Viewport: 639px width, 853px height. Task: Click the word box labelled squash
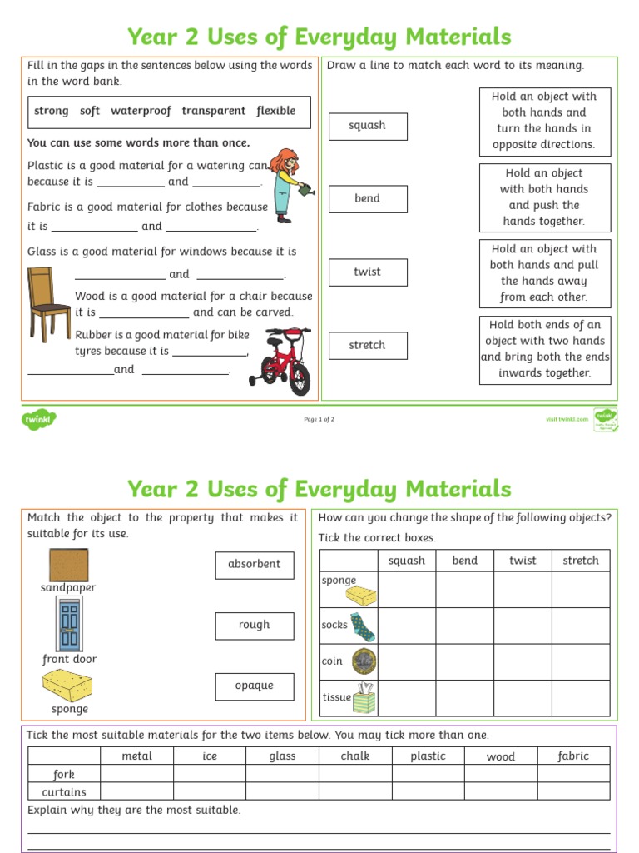pos(367,126)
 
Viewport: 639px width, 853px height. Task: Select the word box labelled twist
pos(367,272)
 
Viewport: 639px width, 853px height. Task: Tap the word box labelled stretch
pos(367,345)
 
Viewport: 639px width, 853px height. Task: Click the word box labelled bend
pos(367,199)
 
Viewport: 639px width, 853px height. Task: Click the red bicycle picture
pos(280,361)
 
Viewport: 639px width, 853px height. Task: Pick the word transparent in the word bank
pos(214,111)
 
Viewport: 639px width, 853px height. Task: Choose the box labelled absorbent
pos(254,564)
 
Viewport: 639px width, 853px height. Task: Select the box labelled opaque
pos(254,686)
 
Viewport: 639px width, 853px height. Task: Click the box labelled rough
pos(254,625)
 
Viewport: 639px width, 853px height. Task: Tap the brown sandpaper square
pos(68,565)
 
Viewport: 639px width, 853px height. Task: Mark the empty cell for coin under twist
pos(523,661)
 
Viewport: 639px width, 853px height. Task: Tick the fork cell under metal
pos(137,774)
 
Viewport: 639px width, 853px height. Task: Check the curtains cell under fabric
pos(572,791)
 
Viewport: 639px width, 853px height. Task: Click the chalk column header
pos(355,756)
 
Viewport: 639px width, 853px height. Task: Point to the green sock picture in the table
pos(363,625)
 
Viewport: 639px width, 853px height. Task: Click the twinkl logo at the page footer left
pos(37,419)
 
